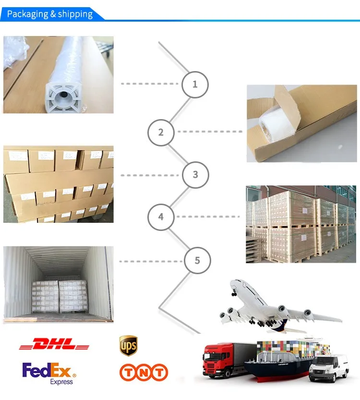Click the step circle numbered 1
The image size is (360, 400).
(x=194, y=85)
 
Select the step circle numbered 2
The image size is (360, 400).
(x=161, y=132)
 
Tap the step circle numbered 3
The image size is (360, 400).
(x=195, y=174)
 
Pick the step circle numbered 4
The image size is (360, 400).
(x=161, y=217)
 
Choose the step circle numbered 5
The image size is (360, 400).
(x=197, y=261)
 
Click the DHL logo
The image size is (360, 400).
(x=54, y=345)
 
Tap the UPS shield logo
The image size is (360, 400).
(x=128, y=345)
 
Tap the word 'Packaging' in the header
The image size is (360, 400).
(x=27, y=14)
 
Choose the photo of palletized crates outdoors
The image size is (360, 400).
(x=301, y=224)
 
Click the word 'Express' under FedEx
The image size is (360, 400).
(x=61, y=382)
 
